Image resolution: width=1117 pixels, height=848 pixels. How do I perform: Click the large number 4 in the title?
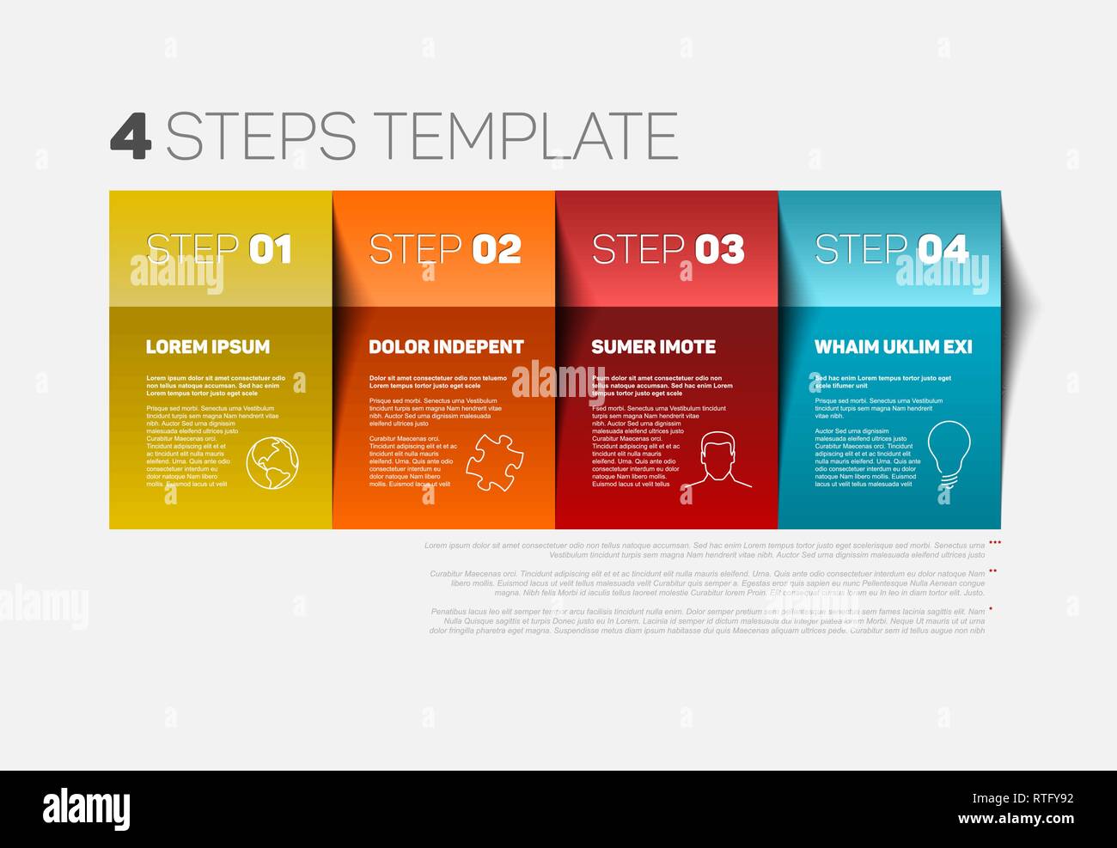tap(131, 136)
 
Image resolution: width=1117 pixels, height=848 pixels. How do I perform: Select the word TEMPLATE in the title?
tap(528, 136)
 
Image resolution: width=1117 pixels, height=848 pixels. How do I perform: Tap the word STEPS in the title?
tap(260, 136)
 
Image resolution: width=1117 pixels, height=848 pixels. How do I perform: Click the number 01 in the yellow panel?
tap(271, 249)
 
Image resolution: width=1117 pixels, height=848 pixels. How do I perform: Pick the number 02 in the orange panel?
tap(497, 249)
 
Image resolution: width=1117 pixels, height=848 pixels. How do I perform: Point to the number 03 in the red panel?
tap(719, 249)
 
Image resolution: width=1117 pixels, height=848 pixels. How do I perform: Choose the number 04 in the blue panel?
tap(943, 249)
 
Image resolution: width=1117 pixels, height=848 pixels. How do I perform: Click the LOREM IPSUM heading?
tap(208, 347)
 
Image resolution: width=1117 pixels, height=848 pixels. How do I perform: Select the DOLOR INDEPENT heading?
tap(446, 347)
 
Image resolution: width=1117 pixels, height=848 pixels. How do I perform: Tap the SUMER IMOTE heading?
tap(653, 347)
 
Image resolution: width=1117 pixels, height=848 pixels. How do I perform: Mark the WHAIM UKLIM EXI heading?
tap(893, 347)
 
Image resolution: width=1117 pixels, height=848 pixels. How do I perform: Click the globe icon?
tap(272, 464)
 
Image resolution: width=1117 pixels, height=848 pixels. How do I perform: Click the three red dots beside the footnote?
tap(995, 543)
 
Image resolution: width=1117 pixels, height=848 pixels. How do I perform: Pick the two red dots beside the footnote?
tap(993, 570)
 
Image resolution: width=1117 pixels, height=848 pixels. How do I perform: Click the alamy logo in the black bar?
tap(86, 808)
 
